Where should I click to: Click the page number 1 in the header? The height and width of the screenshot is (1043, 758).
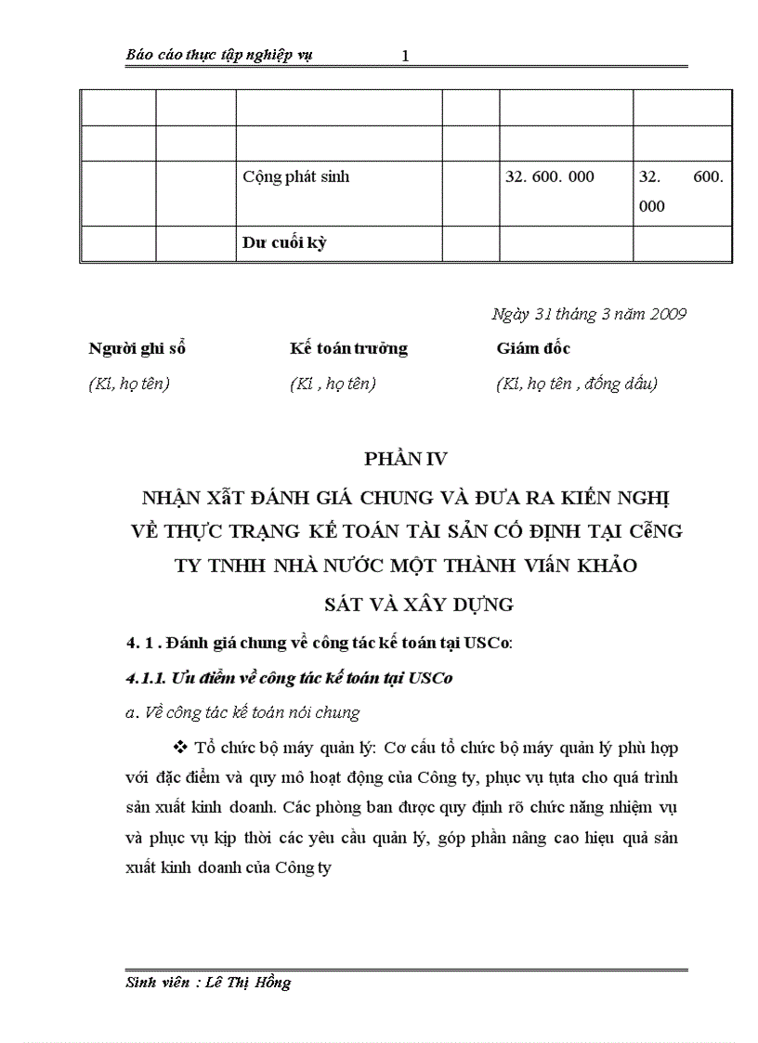tap(405, 57)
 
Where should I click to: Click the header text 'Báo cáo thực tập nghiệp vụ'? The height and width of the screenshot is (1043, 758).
tap(219, 55)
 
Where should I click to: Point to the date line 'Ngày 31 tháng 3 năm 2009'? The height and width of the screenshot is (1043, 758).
tap(589, 314)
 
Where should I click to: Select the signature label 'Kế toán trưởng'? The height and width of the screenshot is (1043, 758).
tap(348, 349)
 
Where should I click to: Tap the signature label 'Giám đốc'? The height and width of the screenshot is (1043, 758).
tap(533, 349)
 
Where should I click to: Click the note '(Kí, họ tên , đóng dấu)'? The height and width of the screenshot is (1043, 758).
tap(577, 384)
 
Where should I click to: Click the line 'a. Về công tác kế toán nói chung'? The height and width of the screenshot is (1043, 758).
tap(243, 713)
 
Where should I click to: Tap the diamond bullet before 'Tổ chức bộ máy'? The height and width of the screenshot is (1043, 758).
tap(180, 748)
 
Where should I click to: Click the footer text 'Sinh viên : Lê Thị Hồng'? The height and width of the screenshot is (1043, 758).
tap(209, 983)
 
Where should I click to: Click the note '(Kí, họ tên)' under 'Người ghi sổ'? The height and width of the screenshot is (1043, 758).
tap(129, 384)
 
